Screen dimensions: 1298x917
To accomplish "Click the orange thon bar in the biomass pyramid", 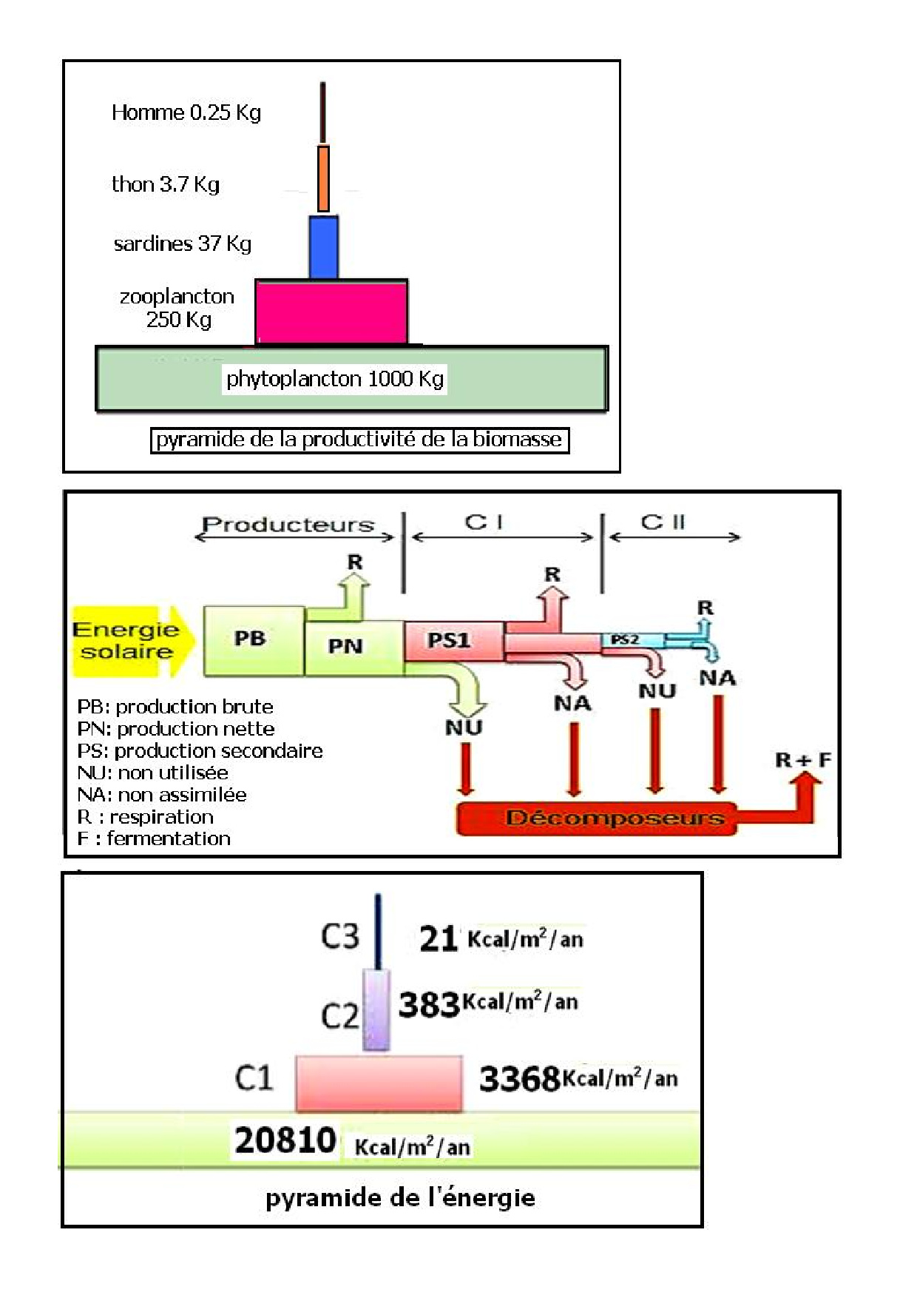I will point(323,178).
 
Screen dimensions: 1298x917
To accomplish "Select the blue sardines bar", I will point(323,247).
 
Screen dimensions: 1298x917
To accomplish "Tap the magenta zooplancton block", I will point(331,312).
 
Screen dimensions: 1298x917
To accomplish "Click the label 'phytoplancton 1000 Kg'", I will point(334,379).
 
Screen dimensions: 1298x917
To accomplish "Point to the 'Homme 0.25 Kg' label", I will point(186,112).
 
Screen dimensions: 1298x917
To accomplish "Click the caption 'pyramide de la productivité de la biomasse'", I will point(359,440).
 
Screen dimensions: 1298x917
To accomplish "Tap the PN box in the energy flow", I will point(346,647).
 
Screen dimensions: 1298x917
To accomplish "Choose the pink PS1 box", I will point(450,640).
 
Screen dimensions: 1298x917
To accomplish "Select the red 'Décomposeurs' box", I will point(598,818).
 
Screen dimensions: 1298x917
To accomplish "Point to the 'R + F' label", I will point(802,759).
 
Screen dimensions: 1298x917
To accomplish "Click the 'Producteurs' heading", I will point(288,525).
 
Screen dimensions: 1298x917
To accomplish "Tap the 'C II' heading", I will point(663,522).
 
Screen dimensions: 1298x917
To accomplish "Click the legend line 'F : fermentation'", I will point(154,838).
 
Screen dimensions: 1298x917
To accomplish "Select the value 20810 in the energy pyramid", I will point(285,1140).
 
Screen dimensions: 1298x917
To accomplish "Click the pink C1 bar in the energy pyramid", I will point(379,1083).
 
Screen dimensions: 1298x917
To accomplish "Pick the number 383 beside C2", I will point(429,1005).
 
